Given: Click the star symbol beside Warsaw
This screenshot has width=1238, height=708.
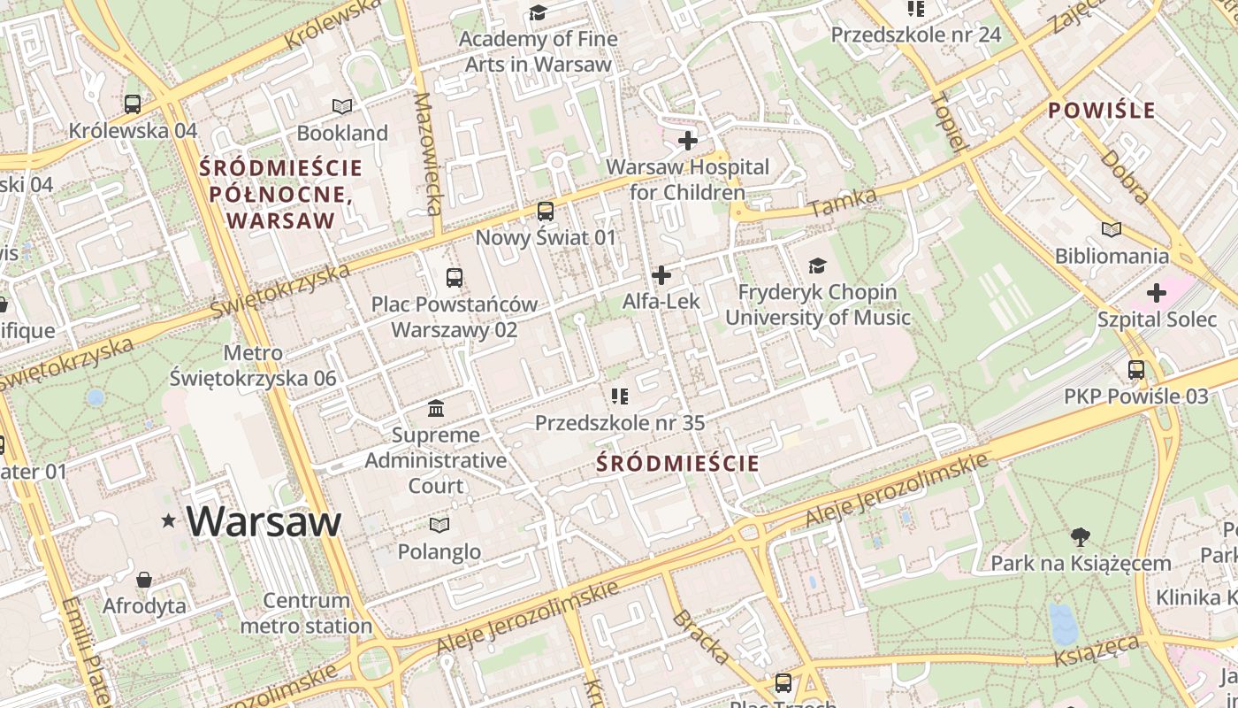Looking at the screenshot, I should pyautogui.click(x=169, y=521).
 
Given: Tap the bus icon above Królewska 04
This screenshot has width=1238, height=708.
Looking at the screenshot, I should pyautogui.click(x=133, y=104).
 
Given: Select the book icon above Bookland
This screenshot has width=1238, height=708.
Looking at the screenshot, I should pyautogui.click(x=342, y=107).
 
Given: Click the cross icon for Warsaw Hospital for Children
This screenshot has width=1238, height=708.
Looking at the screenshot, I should pyautogui.click(x=687, y=140).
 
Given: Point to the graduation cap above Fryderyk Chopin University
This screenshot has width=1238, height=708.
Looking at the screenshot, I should pyautogui.click(x=817, y=265).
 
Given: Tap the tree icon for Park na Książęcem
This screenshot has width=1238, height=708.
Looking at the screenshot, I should pyautogui.click(x=1080, y=536).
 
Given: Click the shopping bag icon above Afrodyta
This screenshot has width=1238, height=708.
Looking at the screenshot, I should pyautogui.click(x=144, y=580).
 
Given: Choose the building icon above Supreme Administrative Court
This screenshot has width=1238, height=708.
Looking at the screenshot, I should pyautogui.click(x=436, y=408).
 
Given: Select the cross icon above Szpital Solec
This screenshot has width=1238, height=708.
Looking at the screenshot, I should pyautogui.click(x=1157, y=292).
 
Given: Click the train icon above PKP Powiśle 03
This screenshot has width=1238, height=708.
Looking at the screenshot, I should pyautogui.click(x=1136, y=369).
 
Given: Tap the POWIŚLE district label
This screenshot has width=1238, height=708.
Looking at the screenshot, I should pyautogui.click(x=1101, y=111).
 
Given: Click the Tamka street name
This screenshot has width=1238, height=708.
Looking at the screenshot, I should pyautogui.click(x=843, y=203).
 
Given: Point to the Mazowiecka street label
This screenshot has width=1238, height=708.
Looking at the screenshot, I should pyautogui.click(x=428, y=154).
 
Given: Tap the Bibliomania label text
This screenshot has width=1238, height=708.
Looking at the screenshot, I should pyautogui.click(x=1112, y=256).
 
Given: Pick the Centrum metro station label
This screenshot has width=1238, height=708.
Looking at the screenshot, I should pyautogui.click(x=307, y=613).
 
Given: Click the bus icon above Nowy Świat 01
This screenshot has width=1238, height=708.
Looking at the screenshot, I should pyautogui.click(x=546, y=212).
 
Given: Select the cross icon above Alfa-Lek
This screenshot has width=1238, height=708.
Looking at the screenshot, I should pyautogui.click(x=661, y=275).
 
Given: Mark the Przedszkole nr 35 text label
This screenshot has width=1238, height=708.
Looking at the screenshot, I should pyautogui.click(x=620, y=423).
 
